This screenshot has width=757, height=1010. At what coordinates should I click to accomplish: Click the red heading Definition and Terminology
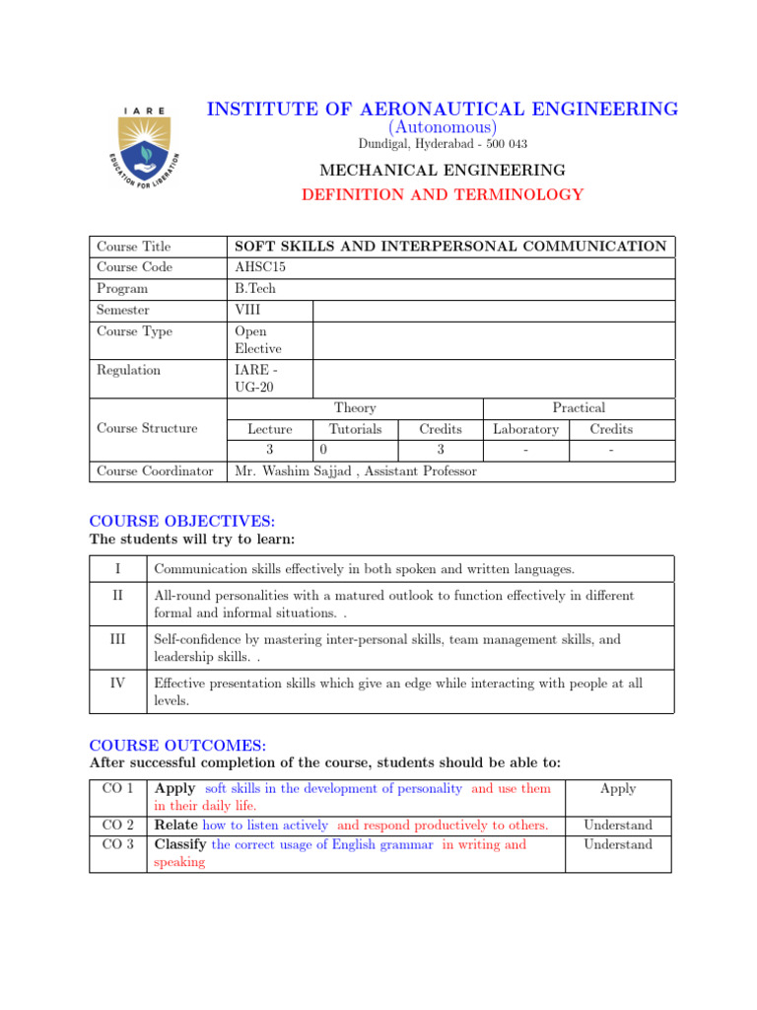[x=443, y=195]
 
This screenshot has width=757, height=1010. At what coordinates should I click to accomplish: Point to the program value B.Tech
[x=255, y=289]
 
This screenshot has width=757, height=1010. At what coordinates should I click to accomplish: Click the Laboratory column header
[x=525, y=429]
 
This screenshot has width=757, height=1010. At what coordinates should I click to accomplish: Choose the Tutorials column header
[x=355, y=429]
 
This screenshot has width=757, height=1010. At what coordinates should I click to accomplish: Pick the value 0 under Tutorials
[x=322, y=450]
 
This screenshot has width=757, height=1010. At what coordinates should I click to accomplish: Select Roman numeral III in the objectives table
[x=117, y=640]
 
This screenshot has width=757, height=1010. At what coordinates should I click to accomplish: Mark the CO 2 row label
[x=118, y=825]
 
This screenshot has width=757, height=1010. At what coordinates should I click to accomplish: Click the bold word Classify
[x=181, y=844]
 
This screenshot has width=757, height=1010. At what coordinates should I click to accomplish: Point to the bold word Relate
[x=176, y=825]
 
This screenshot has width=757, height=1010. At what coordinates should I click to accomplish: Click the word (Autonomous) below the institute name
[x=443, y=127]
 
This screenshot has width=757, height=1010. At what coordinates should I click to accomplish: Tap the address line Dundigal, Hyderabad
[x=443, y=144]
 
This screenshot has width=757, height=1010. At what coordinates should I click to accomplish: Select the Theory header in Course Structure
[x=355, y=407]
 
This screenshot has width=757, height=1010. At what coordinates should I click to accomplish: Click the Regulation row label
[x=129, y=370]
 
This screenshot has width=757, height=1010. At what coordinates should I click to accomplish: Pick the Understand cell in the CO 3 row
[x=617, y=844]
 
